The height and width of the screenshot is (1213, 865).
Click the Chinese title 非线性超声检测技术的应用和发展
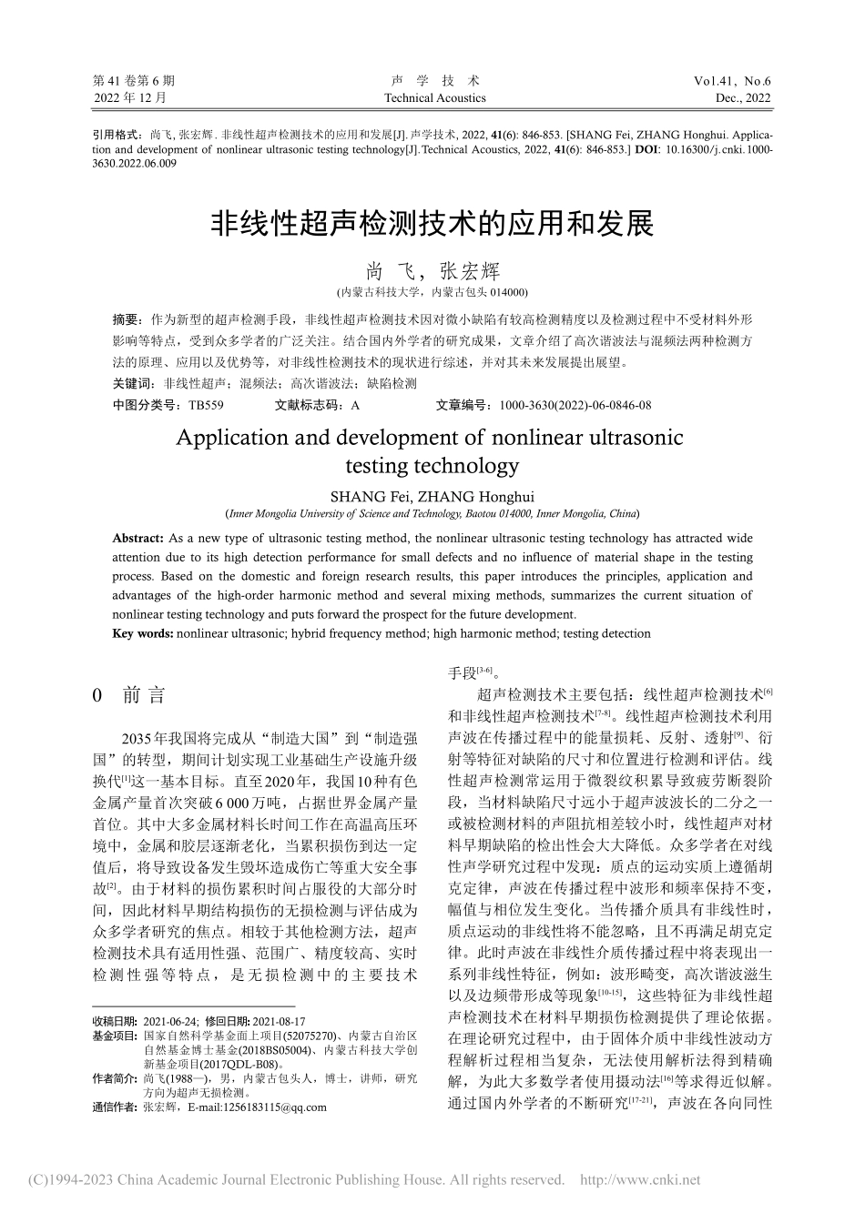(x=432, y=223)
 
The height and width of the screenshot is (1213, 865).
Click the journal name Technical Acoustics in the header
(x=434, y=98)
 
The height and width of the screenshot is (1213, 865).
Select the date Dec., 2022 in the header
(x=743, y=98)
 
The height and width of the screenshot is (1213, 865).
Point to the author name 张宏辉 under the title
(x=471, y=271)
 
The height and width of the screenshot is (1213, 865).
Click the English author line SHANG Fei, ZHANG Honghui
(x=432, y=496)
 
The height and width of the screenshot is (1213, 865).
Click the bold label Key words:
(x=143, y=633)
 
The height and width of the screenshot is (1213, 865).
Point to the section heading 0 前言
(x=130, y=696)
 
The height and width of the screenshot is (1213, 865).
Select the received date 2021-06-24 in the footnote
(x=172, y=1022)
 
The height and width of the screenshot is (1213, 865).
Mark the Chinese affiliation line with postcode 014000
(x=432, y=292)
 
